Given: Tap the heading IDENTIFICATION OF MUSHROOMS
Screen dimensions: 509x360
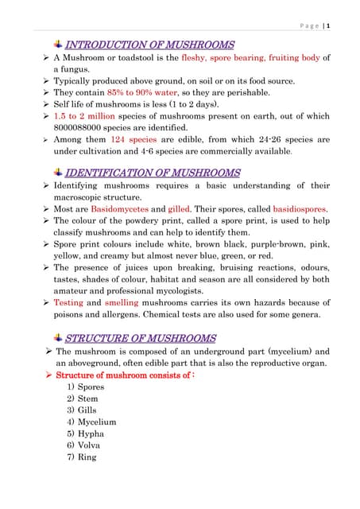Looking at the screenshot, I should click(153, 173).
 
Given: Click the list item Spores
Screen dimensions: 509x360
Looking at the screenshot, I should click(91, 387).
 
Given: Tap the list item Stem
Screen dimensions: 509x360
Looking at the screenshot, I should click(89, 398).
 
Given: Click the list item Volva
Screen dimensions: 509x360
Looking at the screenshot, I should click(91, 446).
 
